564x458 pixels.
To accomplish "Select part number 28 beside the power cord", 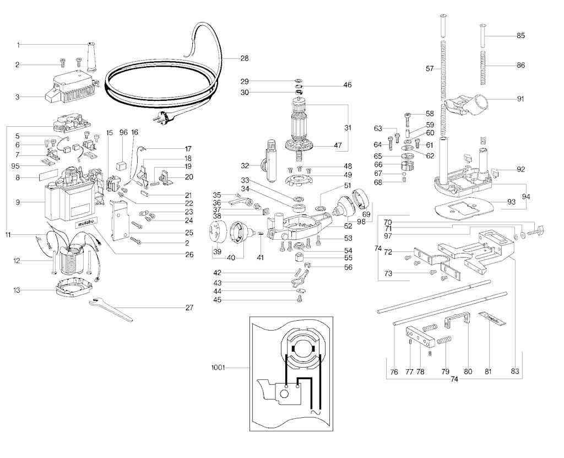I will (245, 57).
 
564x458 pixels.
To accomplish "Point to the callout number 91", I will (520, 99).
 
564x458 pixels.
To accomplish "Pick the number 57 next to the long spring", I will (430, 69).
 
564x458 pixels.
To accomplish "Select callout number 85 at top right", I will (520, 36).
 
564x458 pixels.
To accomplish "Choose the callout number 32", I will (245, 165).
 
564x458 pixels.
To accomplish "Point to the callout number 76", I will (394, 372).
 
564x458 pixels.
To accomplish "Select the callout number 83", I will (515, 371).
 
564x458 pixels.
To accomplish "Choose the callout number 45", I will (218, 300).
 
